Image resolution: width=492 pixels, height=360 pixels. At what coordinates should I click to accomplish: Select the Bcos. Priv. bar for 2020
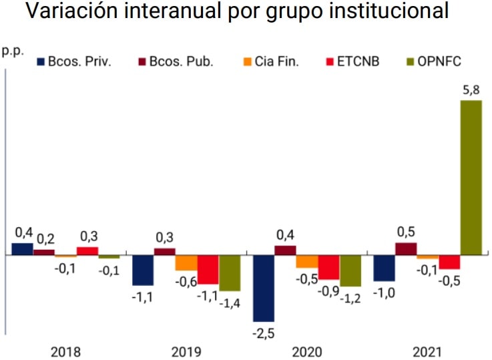(x=263, y=288)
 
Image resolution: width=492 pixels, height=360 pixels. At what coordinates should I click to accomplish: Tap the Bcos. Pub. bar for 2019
(x=165, y=252)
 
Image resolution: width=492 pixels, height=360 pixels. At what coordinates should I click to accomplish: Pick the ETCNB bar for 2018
(x=87, y=251)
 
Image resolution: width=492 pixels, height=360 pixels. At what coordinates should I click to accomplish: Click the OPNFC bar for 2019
(x=230, y=273)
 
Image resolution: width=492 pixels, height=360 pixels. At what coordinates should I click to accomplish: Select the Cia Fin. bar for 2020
(x=307, y=262)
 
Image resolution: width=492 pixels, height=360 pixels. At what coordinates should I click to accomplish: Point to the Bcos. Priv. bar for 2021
(x=384, y=268)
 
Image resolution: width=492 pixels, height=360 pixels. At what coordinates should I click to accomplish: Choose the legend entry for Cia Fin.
(x=270, y=62)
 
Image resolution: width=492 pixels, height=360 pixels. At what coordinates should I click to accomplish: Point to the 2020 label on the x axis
(x=307, y=351)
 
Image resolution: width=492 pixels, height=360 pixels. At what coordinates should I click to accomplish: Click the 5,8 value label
(x=471, y=89)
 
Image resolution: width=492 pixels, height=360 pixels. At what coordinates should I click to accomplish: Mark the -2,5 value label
(x=264, y=333)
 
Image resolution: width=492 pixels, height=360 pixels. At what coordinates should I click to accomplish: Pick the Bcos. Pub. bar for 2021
(x=405, y=248)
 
